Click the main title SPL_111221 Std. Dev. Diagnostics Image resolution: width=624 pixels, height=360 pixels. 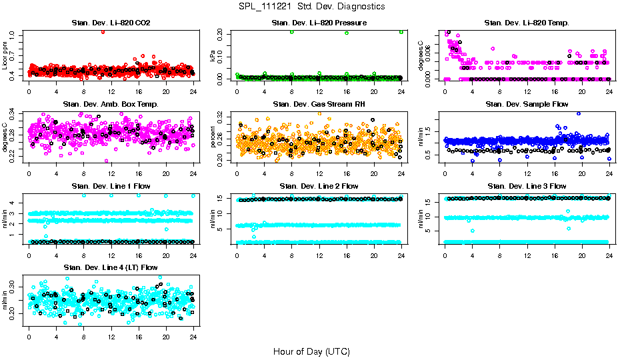click(x=311, y=7)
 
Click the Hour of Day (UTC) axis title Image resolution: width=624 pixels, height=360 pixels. click(x=311, y=351)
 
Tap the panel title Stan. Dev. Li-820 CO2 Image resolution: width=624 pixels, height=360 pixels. click(x=111, y=23)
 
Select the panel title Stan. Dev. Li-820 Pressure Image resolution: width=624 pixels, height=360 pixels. click(x=319, y=23)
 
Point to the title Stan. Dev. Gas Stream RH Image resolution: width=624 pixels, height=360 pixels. click(x=319, y=105)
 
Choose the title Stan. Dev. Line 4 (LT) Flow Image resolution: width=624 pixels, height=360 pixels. click(x=111, y=267)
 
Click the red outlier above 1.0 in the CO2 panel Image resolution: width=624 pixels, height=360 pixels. click(x=103, y=32)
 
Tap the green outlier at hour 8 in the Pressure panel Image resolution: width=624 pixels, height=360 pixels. click(x=292, y=32)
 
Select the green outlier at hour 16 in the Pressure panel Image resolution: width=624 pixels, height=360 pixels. click(x=347, y=33)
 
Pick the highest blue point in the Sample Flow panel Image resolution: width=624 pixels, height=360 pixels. click(x=579, y=113)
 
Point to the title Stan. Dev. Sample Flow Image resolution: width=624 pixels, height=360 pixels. click(x=527, y=105)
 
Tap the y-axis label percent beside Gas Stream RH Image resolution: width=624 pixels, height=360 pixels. click(x=213, y=138)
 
